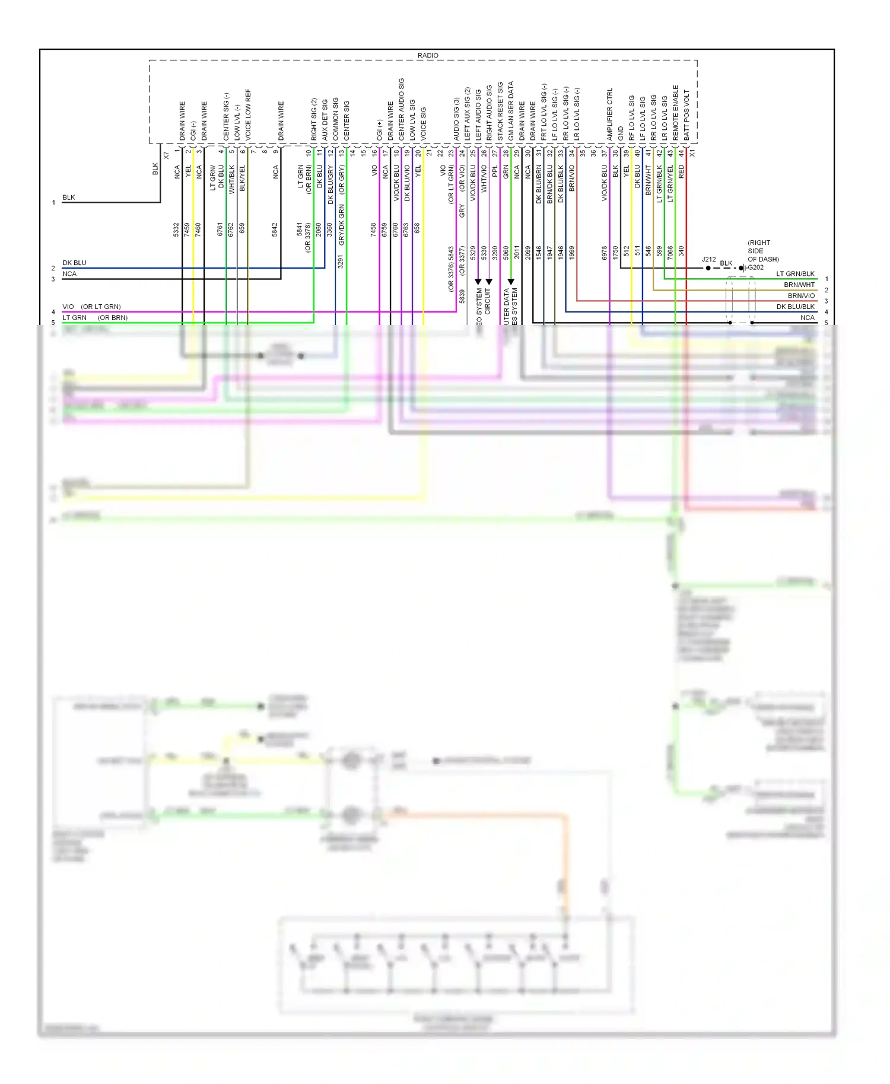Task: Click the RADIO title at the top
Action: tap(427, 55)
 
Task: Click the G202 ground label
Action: tap(755, 267)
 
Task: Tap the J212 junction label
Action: tap(708, 259)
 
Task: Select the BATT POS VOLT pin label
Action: tap(686, 115)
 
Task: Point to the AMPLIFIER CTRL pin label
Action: tap(609, 114)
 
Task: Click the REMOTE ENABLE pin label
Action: tap(675, 113)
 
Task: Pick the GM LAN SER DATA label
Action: tap(511, 111)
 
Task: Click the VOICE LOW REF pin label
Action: tap(248, 114)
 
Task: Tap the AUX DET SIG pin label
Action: tap(325, 119)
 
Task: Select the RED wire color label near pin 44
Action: tap(681, 172)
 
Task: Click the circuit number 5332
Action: tap(176, 229)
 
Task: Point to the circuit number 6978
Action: tap(605, 253)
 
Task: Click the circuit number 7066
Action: tap(670, 253)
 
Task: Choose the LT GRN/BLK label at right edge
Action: tap(795, 274)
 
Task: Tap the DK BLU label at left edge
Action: tap(74, 263)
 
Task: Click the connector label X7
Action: tap(167, 155)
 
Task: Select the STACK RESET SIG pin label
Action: tap(500, 111)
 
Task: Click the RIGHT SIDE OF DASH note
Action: tap(762, 251)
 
